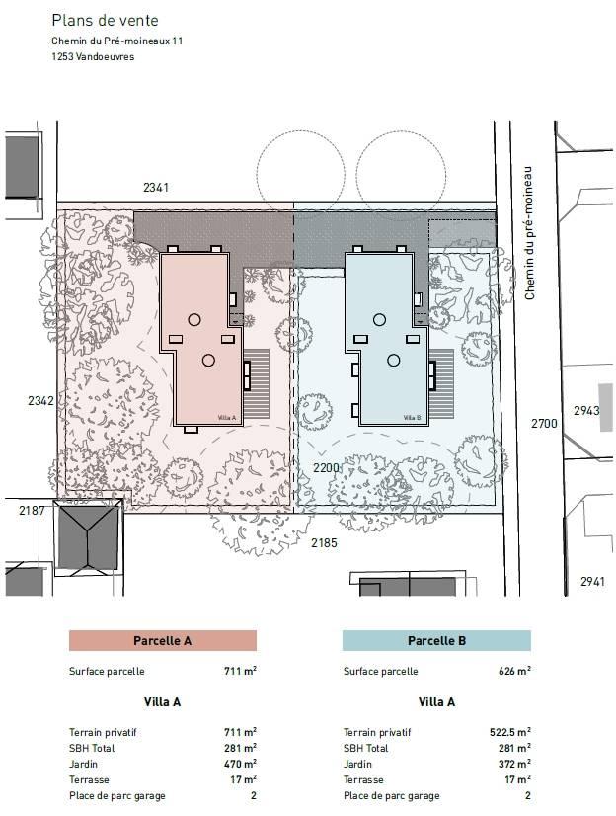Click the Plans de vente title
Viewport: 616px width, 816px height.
[x=105, y=21]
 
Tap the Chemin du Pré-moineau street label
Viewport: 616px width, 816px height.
[x=529, y=233]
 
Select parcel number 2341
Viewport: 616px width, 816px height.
[x=156, y=188]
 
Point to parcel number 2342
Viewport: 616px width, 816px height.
[x=41, y=401]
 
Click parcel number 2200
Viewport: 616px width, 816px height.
[x=326, y=468]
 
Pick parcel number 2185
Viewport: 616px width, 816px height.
[x=324, y=543]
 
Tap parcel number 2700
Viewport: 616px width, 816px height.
[x=544, y=424]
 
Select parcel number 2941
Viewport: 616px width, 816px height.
[x=592, y=582]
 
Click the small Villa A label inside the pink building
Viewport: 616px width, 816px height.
[x=227, y=417]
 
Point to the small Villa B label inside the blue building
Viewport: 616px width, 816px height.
[x=412, y=417]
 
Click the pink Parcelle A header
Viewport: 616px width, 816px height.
[x=163, y=640]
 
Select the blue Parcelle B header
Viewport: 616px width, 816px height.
[x=436, y=640]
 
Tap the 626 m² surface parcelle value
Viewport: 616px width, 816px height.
[x=514, y=671]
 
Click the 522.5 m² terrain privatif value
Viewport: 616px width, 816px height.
[x=510, y=732]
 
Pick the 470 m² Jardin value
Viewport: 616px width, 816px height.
[x=240, y=764]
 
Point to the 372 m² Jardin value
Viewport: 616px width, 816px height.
[x=514, y=764]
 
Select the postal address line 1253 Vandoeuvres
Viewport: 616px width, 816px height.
[x=93, y=56]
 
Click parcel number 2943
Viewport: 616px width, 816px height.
[x=586, y=411]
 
